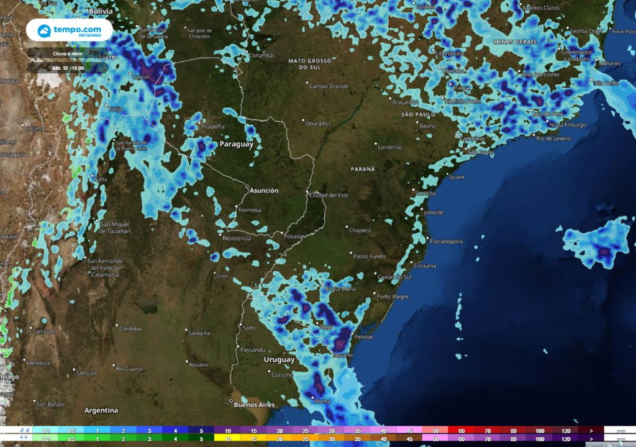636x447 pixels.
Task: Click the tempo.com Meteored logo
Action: (69, 30)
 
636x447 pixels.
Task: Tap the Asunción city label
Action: (264, 191)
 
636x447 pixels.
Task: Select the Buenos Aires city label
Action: (254, 405)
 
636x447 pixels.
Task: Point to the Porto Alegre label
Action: (393, 297)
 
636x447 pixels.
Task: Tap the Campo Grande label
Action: (329, 86)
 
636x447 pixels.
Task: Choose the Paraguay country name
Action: (236, 144)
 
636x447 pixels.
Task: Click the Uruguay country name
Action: (279, 359)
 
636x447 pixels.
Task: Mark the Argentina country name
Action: (101, 410)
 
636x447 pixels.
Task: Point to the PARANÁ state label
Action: (363, 169)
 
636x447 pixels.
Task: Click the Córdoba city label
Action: (130, 328)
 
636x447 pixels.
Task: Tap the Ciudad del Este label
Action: (329, 196)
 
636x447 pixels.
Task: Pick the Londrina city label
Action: (389, 147)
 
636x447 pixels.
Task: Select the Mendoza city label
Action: (38, 362)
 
